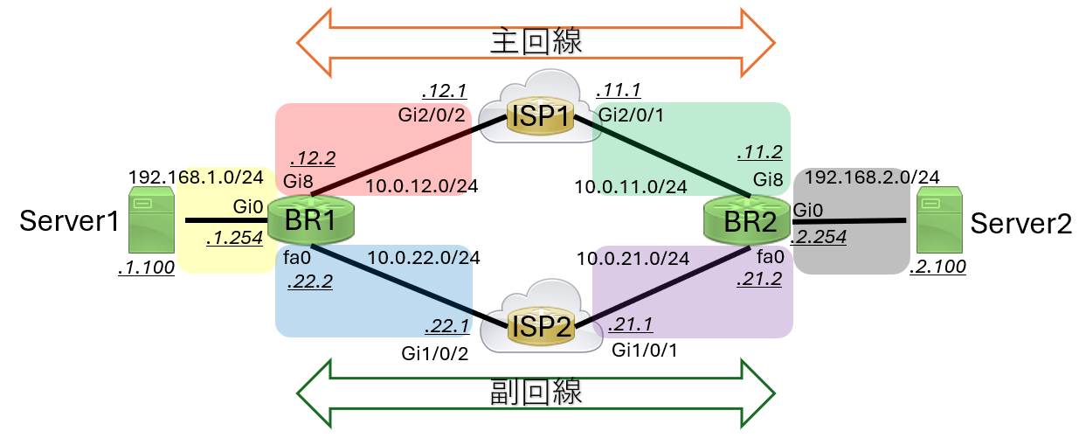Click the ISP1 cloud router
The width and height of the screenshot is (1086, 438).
tap(541, 115)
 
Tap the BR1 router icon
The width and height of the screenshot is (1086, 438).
tap(311, 221)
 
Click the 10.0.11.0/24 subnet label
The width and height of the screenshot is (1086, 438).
tap(630, 185)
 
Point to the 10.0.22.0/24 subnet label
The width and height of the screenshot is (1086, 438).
tap(423, 257)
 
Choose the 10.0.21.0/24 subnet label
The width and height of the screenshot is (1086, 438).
tap(633, 257)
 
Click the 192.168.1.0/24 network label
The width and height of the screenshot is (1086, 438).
tap(197, 177)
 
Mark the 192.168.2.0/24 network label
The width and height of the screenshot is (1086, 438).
tap(871, 177)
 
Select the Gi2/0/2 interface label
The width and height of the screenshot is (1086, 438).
tap(432, 115)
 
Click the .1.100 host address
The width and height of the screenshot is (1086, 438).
tap(146, 268)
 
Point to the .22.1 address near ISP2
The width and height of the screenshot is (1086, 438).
tap(446, 325)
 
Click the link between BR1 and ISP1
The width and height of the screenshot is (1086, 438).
tap(402, 156)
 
